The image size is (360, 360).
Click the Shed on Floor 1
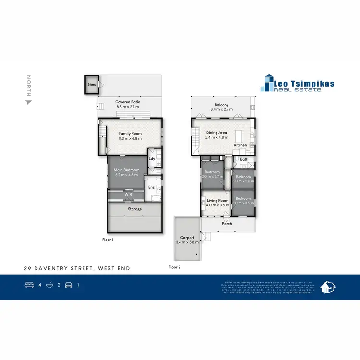click(x=91, y=85)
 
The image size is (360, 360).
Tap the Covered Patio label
click(x=127, y=102)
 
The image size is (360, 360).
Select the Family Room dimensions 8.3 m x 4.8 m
click(x=130, y=139)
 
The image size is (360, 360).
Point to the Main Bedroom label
click(x=126, y=170)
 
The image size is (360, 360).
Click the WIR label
click(x=128, y=195)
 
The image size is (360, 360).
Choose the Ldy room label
click(x=152, y=158)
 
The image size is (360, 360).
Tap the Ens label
click(x=151, y=188)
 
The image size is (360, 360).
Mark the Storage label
click(x=134, y=209)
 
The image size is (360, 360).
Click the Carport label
click(x=187, y=238)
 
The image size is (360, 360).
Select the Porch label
click(x=227, y=224)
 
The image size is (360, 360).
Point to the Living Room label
click(x=217, y=200)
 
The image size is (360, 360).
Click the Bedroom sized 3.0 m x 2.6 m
click(x=243, y=179)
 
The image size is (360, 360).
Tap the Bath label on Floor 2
click(x=244, y=159)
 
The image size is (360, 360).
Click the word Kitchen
click(x=240, y=145)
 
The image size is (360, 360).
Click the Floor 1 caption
click(x=108, y=239)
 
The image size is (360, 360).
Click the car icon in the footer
click(x=68, y=285)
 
